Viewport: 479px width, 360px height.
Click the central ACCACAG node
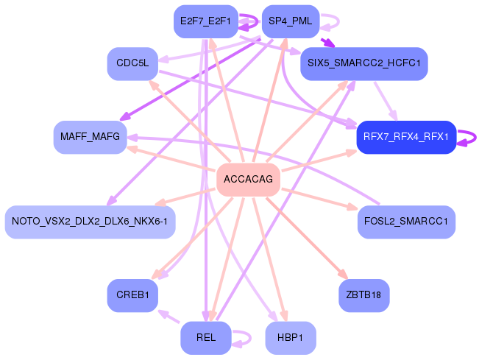[248, 180]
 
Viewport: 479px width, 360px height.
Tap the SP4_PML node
[290, 21]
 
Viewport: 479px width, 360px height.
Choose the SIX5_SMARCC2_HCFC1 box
[363, 64]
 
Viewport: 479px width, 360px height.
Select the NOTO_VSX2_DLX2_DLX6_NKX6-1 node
[90, 222]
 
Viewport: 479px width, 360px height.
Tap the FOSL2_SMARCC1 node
[406, 222]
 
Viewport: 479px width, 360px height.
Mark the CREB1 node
[132, 295]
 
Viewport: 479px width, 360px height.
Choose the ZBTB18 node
[363, 295]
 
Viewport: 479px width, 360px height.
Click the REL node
[205, 338]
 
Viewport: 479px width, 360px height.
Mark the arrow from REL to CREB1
[170, 317]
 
